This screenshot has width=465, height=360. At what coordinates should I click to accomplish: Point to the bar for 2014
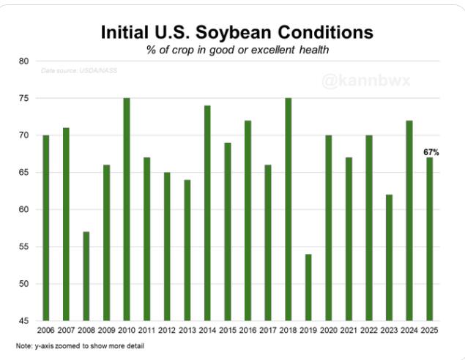point(207,213)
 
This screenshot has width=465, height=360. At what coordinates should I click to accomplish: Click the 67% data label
point(431,151)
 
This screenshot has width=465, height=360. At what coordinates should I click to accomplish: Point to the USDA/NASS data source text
point(79,70)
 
